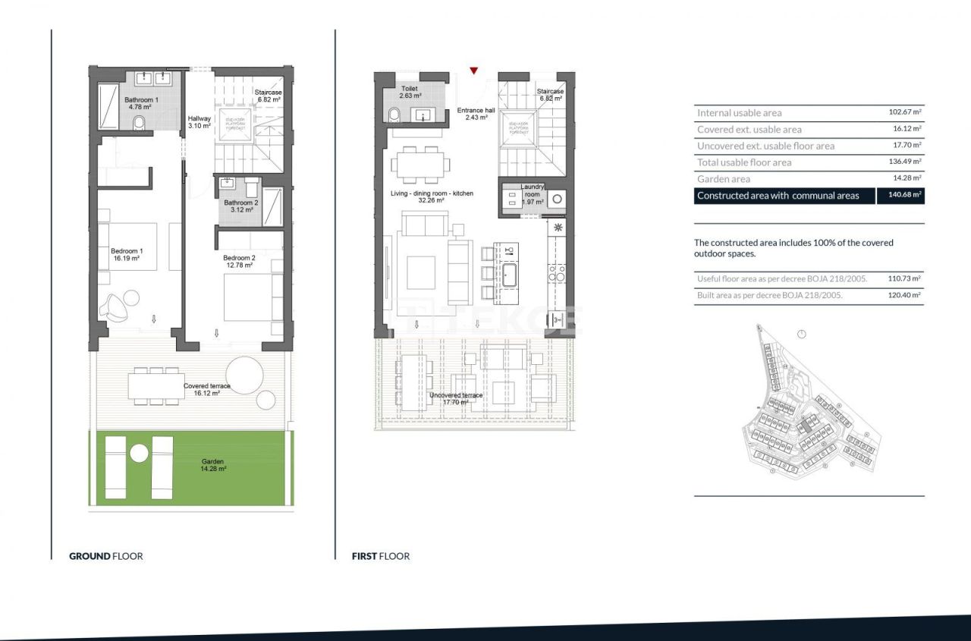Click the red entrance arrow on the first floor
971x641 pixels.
pyautogui.click(x=473, y=71)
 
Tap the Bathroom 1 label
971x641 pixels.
pyautogui.click(x=141, y=100)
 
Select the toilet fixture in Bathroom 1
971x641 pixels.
pyautogui.click(x=139, y=124)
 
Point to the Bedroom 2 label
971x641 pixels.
pyautogui.click(x=239, y=258)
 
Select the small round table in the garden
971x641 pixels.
pyautogui.click(x=139, y=454)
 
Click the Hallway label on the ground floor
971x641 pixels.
pyautogui.click(x=200, y=118)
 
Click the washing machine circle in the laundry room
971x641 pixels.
pyautogui.click(x=558, y=199)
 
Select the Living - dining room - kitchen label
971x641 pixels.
pyautogui.click(x=432, y=193)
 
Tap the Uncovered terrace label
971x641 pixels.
pyautogui.click(x=455, y=396)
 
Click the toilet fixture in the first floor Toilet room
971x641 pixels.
pyautogui.click(x=393, y=115)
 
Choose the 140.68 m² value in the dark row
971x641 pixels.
pyautogui.click(x=900, y=196)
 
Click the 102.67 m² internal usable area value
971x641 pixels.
pyautogui.click(x=904, y=112)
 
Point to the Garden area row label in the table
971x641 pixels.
pyautogui.click(x=724, y=179)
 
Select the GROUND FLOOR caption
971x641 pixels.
pyautogui.click(x=106, y=556)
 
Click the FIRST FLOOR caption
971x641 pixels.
pyautogui.click(x=381, y=556)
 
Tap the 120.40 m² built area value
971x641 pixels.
pyautogui.click(x=904, y=296)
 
